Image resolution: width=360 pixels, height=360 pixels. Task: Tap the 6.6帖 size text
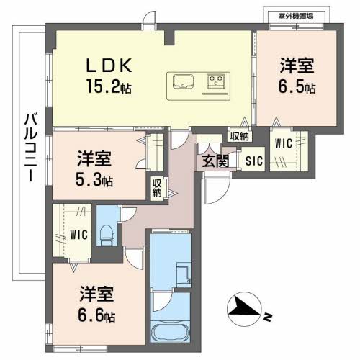coord(96,315)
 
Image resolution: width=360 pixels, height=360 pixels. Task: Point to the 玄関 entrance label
coord(215,161)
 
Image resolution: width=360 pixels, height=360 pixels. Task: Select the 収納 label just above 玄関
coord(240,135)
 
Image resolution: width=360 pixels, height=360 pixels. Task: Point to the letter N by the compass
coord(267,315)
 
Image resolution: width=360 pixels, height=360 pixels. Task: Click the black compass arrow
coord(243,309)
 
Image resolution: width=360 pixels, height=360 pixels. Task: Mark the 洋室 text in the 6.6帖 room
coord(96,295)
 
